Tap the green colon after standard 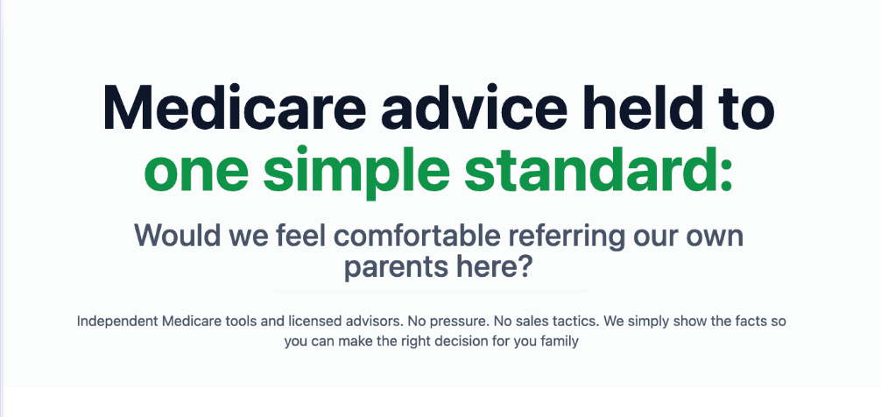tap(723, 174)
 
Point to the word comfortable tap(418, 236)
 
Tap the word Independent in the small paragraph tap(117, 322)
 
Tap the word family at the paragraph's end tap(560, 342)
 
